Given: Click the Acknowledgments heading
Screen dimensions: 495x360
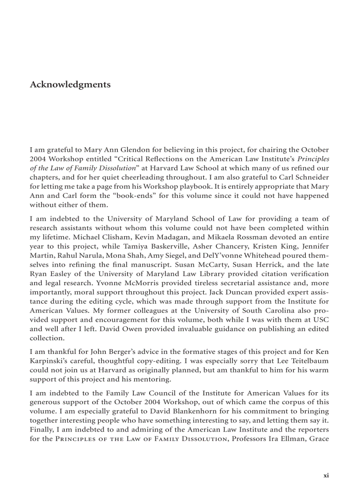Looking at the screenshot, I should [x=70, y=84].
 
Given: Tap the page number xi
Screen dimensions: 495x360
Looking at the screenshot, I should [x=326, y=475].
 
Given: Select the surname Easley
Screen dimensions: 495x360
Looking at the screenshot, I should [x=60, y=274].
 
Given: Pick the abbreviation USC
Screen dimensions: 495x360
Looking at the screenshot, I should [x=322, y=320].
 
